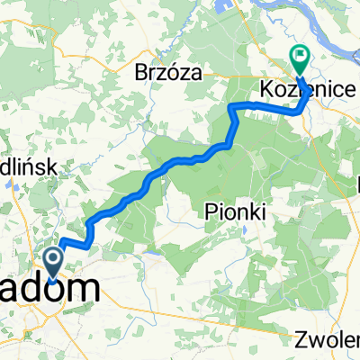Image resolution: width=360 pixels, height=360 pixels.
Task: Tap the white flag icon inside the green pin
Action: tap(299, 58)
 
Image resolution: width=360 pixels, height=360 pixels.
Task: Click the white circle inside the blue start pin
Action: tap(54, 261)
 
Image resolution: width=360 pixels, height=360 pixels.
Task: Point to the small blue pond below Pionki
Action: tap(243, 230)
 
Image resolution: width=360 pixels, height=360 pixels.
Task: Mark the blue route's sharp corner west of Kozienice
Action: tap(232, 107)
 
